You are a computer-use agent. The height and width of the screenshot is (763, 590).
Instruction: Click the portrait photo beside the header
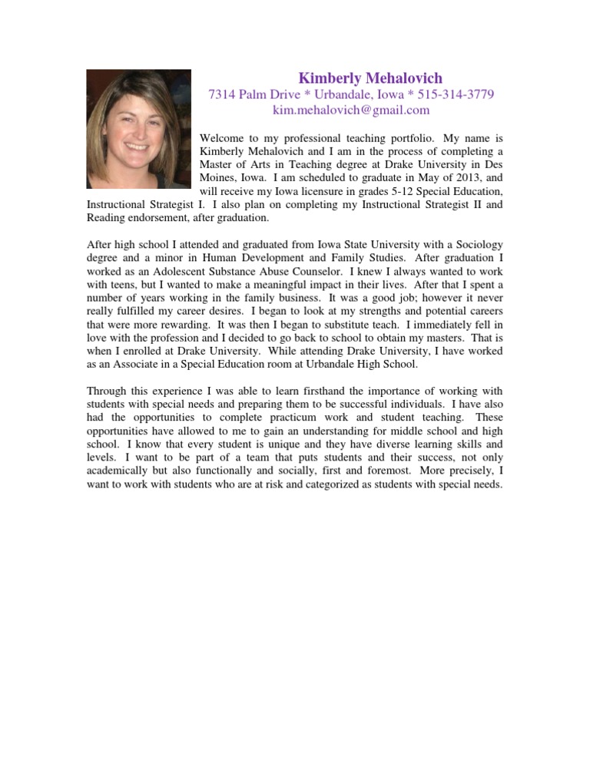click(138, 129)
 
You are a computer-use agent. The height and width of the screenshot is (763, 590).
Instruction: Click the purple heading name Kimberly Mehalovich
click(370, 78)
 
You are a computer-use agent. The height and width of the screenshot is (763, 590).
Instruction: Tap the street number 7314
click(223, 95)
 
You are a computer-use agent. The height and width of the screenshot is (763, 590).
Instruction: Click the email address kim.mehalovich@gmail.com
click(351, 111)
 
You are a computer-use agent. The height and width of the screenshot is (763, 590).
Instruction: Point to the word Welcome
click(222, 140)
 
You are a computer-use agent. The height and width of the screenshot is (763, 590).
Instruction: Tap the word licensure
click(324, 190)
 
